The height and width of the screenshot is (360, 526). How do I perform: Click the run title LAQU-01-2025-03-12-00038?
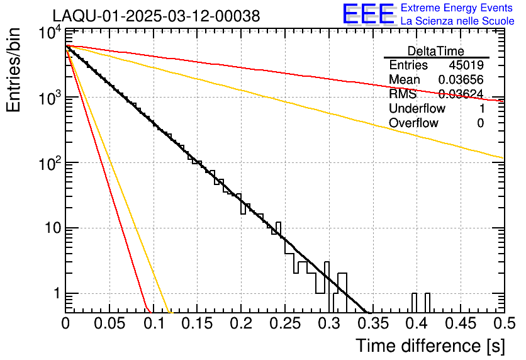[156, 16]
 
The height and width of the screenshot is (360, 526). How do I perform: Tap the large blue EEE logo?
[368, 14]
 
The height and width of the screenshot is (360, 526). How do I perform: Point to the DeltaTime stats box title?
[436, 51]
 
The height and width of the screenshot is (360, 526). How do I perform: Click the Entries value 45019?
[466, 65]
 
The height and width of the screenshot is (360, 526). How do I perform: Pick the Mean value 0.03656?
[461, 80]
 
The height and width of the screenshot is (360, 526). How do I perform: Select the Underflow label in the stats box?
[417, 108]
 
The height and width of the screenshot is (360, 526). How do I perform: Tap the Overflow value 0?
[480, 123]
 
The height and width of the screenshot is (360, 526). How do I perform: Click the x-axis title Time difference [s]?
[429, 346]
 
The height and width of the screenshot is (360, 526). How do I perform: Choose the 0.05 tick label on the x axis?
[109, 324]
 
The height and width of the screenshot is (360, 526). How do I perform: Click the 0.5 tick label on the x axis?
[503, 324]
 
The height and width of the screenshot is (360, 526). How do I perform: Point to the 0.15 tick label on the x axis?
[197, 324]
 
